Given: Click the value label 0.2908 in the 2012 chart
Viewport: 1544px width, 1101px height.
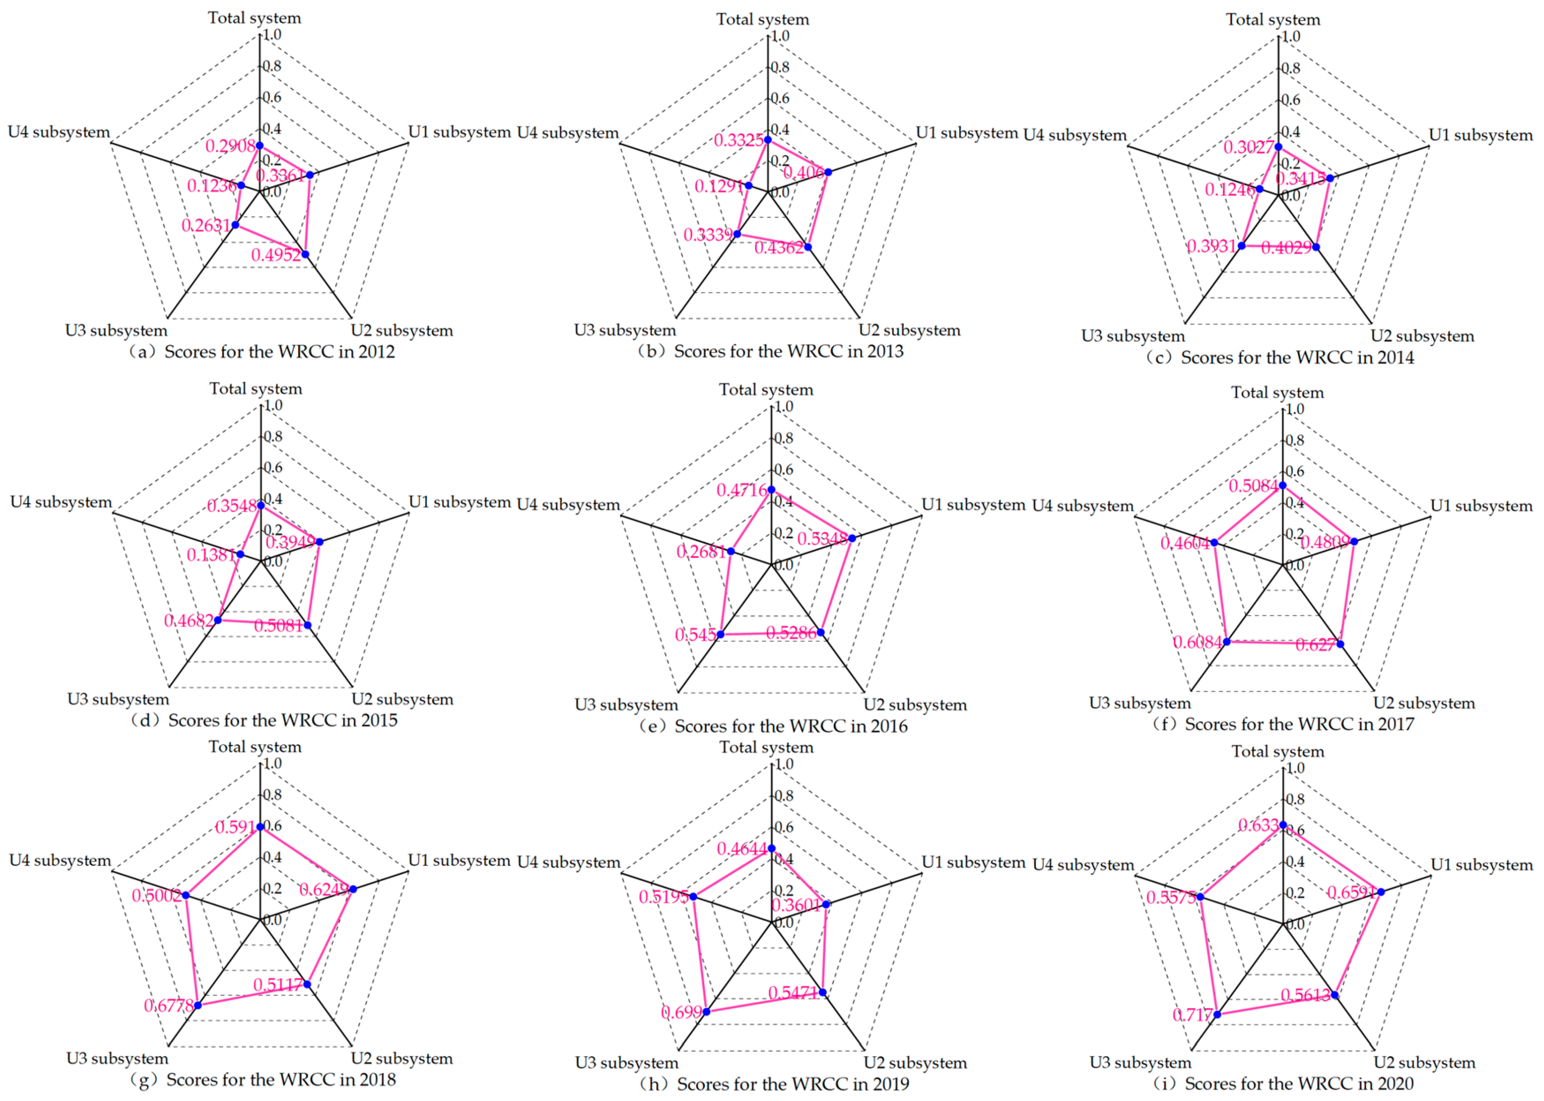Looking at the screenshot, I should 231,146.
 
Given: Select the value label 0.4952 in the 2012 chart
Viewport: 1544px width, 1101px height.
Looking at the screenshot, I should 276,255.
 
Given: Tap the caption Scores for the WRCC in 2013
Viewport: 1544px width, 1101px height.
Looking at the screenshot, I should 788,351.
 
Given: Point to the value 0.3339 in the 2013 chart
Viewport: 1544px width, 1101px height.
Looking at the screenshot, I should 708,235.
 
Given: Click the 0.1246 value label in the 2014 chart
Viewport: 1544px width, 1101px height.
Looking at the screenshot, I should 1230,190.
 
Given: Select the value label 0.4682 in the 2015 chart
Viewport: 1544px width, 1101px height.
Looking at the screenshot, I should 189,620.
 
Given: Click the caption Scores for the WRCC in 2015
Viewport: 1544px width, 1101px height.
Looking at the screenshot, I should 282,720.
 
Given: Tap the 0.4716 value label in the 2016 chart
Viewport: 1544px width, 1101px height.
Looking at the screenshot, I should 742,489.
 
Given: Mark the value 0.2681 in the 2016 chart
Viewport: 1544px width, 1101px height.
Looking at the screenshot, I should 701,552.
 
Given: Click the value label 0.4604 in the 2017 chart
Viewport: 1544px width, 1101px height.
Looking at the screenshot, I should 1185,543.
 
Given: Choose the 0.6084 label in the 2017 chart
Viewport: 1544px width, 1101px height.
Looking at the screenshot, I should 1198,642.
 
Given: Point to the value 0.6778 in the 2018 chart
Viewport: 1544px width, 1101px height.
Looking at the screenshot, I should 169,1005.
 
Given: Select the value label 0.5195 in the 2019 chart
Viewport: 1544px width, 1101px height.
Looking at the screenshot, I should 664,897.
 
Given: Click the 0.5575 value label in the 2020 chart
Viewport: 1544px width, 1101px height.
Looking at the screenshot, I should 1171,898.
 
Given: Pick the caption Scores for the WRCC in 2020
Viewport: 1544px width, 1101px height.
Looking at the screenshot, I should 1298,1083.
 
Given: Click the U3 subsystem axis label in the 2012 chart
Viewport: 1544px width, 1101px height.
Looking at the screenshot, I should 116,331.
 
